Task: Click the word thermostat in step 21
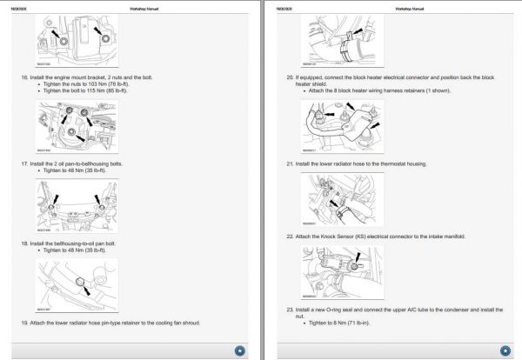(x=384, y=163)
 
